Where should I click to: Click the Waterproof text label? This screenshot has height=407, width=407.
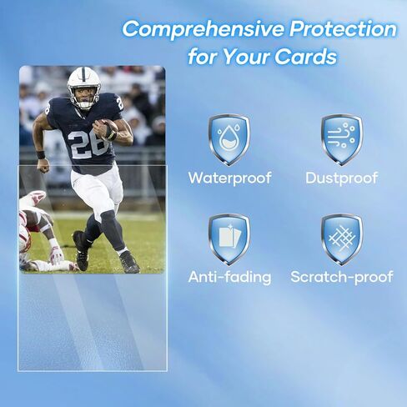[229, 178]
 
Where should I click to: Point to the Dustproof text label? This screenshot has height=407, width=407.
[342, 178]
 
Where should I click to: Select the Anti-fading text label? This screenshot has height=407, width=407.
[229, 277]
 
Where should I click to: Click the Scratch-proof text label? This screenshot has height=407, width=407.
[342, 277]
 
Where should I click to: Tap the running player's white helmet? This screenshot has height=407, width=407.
[83, 85]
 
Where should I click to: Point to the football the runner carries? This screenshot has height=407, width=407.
[108, 128]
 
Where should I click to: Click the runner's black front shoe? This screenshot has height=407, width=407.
[81, 250]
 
